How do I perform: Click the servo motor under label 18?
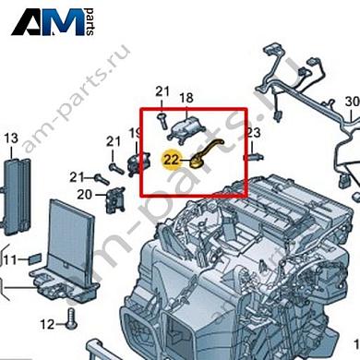(188, 126)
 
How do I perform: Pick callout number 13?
(11, 138)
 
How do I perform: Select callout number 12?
(48, 323)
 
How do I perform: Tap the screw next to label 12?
(72, 323)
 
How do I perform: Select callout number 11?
(9, 261)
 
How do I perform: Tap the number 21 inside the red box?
(163, 90)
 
